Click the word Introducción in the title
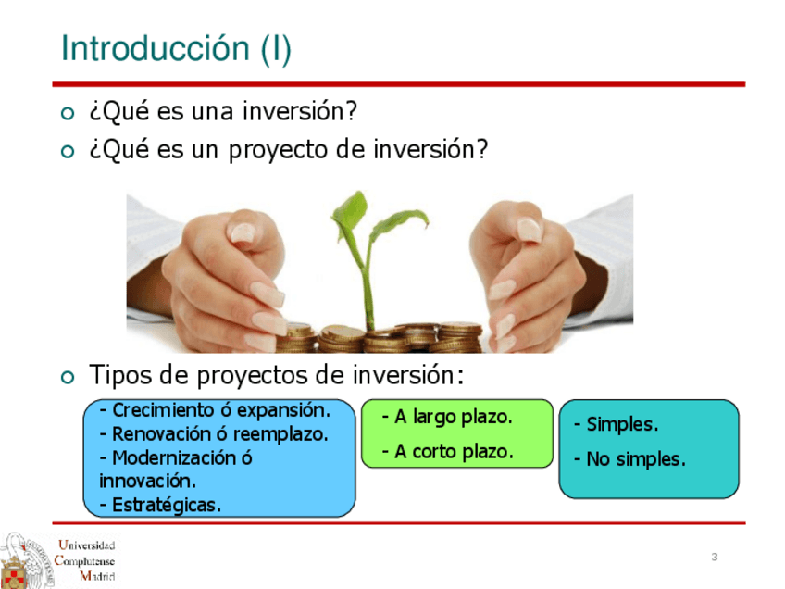[x=156, y=48]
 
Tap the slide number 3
[x=715, y=557]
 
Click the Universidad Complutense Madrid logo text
[x=84, y=560]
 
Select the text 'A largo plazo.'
[x=447, y=417]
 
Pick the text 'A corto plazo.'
[x=447, y=452]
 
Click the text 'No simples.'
[x=629, y=459]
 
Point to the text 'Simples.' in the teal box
[x=616, y=425]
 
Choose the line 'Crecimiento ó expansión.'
[x=216, y=410]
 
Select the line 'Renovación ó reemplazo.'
[x=214, y=433]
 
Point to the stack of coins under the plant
[x=380, y=338]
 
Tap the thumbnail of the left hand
[x=242, y=232]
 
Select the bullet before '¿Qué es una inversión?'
[x=67, y=113]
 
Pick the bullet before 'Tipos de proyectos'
[x=67, y=377]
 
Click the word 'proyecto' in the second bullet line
[x=278, y=150]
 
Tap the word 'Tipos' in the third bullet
[x=120, y=375]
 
